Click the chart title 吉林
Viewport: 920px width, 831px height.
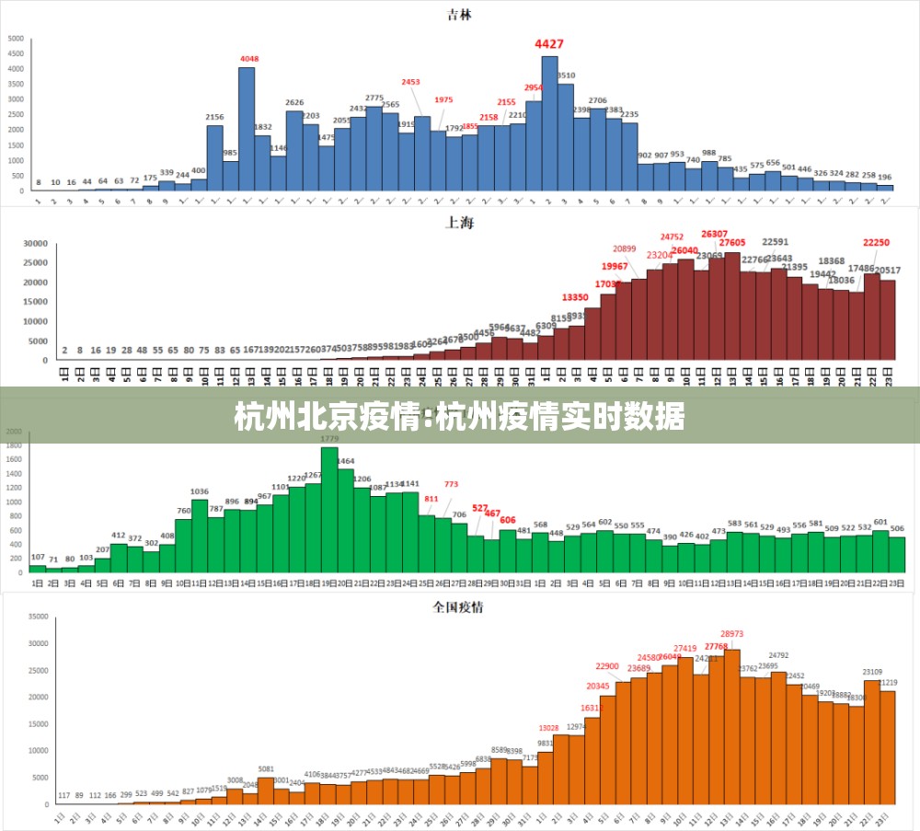[x=459, y=15]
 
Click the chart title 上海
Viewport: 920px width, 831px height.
[x=459, y=224]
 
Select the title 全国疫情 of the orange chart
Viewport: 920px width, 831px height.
[x=459, y=606]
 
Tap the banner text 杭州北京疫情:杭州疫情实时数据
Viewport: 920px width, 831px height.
[x=459, y=417]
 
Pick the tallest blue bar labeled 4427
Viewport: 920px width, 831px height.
[x=549, y=123]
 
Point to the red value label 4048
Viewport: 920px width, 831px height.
[x=249, y=59]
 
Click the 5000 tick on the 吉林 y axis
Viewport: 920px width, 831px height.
[x=17, y=39]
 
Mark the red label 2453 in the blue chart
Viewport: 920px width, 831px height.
[x=410, y=82]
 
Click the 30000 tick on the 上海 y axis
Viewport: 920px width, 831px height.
[x=35, y=245]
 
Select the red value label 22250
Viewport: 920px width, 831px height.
[x=876, y=242]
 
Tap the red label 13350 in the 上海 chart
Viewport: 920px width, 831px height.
[x=575, y=297]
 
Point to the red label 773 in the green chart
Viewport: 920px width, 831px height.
[x=451, y=484]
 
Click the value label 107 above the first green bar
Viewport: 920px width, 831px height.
[x=38, y=557]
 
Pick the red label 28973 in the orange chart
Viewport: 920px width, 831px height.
[x=732, y=634]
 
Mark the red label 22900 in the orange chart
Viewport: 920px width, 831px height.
[x=607, y=666]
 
